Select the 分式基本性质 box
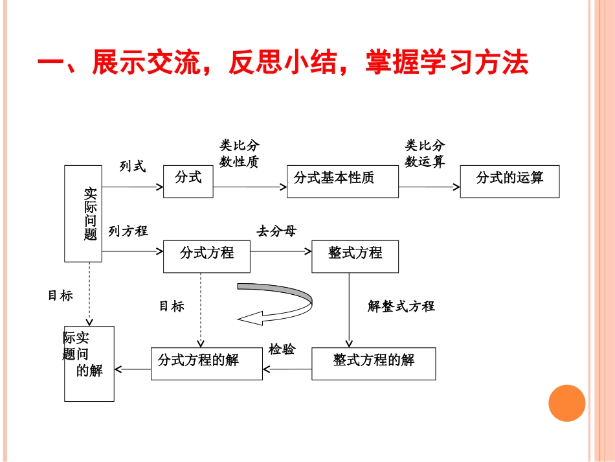tap(342, 181)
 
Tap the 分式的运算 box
tap(509, 181)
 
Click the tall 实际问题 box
tap(84, 213)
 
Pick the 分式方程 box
tap(207, 256)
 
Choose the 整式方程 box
tap(355, 256)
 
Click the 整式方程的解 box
tap(374, 364)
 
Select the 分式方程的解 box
tap(207, 364)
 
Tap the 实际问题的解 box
tap(89, 364)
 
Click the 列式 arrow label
tap(133, 167)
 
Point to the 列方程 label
tap(128, 231)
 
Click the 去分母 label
tap(276, 231)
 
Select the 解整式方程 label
tap(401, 306)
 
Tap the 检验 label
tap(282, 350)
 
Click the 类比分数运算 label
tap(425, 154)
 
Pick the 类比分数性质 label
tap(240, 154)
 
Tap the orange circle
tap(566, 403)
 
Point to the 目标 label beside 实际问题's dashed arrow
tap(60, 296)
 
